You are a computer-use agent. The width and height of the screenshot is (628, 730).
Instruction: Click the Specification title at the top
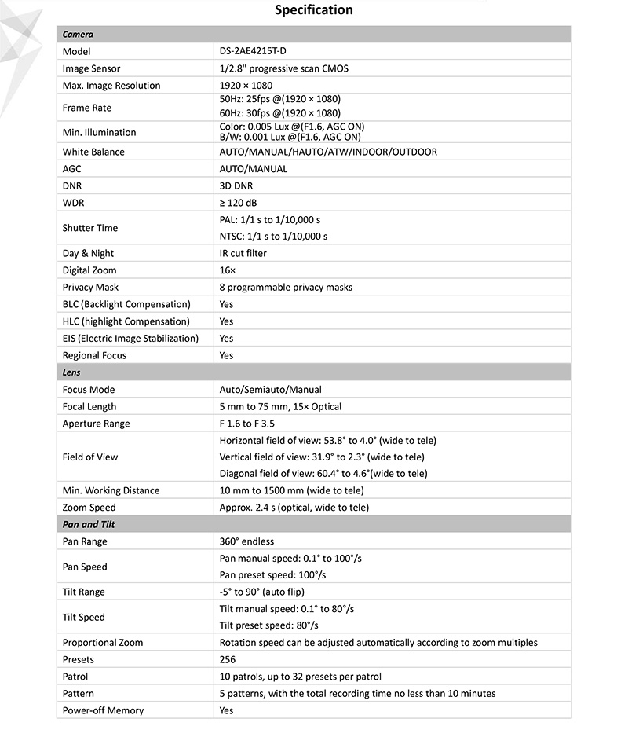coord(313,10)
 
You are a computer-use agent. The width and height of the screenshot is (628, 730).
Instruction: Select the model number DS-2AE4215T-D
coord(258,51)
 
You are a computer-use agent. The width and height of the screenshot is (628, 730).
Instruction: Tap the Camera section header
coord(78,35)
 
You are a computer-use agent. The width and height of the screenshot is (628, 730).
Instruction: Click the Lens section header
coord(71,372)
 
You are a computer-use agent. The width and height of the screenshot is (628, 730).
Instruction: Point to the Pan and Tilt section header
coord(89,524)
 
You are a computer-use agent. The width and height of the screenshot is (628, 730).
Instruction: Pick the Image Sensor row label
coord(91,68)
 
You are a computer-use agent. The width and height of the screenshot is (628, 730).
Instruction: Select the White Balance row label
coord(93,152)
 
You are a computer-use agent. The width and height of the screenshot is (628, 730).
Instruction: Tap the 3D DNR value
coord(236,186)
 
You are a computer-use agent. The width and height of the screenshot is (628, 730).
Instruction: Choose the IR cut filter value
coord(243,254)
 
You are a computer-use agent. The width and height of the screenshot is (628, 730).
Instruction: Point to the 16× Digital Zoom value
coord(228,270)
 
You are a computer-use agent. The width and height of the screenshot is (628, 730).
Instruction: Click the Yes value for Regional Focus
coord(227,355)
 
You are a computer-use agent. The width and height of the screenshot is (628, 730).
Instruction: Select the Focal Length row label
coord(89,406)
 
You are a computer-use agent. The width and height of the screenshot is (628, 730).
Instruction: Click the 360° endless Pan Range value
coord(247,541)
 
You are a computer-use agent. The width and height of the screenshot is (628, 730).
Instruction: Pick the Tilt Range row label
coord(83,592)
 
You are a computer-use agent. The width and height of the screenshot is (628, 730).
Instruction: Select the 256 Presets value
coord(228,659)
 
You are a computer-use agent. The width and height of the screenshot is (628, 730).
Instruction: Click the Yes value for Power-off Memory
coord(227,710)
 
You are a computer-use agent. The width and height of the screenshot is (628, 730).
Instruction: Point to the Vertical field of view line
coord(322,457)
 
